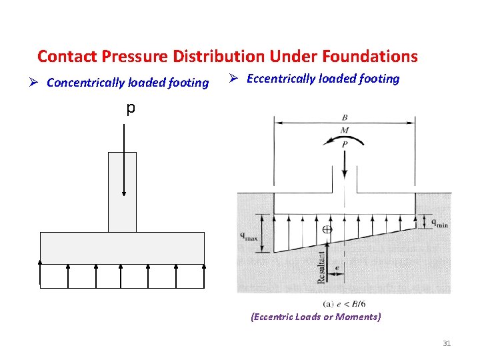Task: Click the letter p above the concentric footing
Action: pos(131,107)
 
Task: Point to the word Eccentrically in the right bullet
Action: pos(285,79)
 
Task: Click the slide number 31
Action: pos(447,343)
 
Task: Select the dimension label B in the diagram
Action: pos(344,118)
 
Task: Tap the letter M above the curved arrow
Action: pos(344,129)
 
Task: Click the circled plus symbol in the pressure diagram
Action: pos(327,229)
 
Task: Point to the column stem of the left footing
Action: pos(122,192)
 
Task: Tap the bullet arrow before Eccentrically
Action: pos(233,79)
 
